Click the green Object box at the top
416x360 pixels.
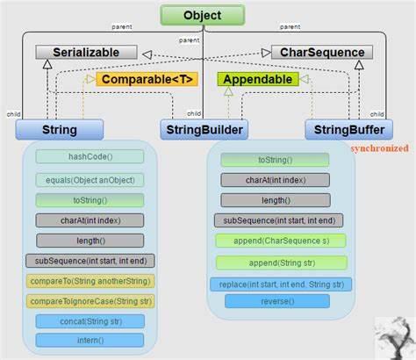pyautogui.click(x=202, y=15)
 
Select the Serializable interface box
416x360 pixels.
pyautogui.click(x=86, y=53)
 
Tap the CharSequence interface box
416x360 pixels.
pyautogui.click(x=322, y=53)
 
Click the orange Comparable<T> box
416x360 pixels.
pyautogui.click(x=147, y=79)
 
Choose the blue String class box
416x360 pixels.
pyautogui.click(x=60, y=130)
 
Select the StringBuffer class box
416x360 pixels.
pyautogui.click(x=348, y=130)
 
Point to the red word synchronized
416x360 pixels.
pyautogui.click(x=379, y=148)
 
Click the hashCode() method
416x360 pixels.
pyautogui.click(x=89, y=156)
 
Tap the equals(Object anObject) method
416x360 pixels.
pyautogui.click(x=89, y=180)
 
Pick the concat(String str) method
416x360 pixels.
pyautogui.click(x=89, y=321)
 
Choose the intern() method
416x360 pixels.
pyautogui.click(x=89, y=341)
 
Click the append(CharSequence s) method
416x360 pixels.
pyautogui.click(x=281, y=241)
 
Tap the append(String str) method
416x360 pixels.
pyautogui.click(x=281, y=262)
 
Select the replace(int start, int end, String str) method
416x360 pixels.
pyautogui.click(x=281, y=284)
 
